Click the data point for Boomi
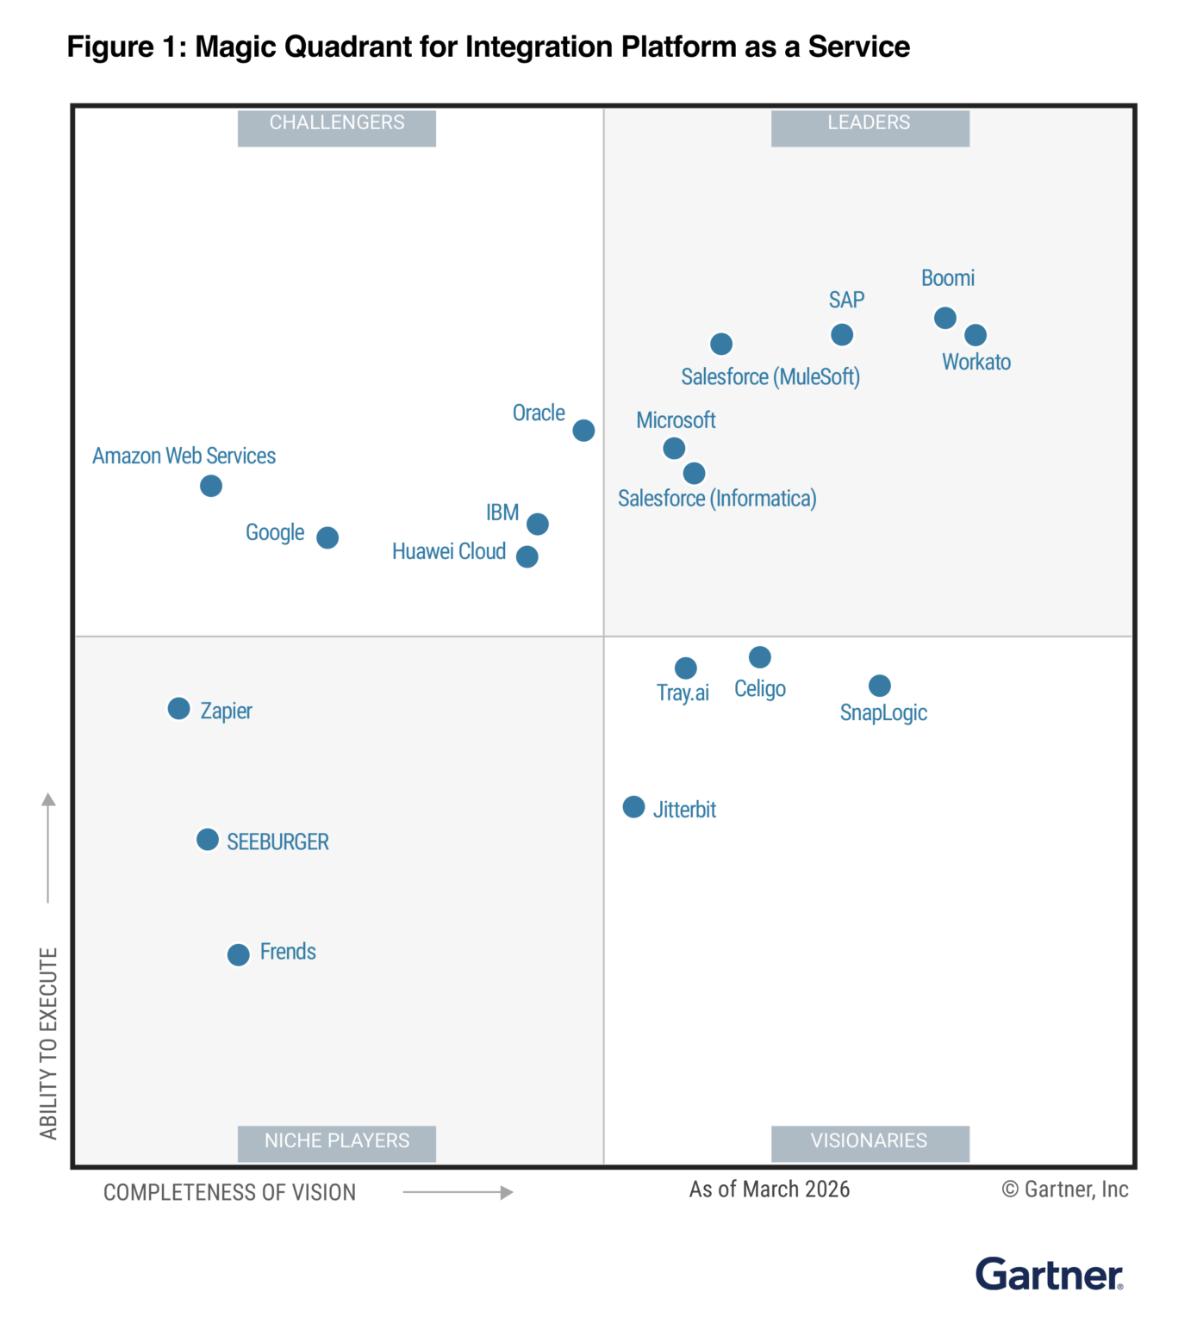(945, 318)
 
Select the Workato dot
(975, 335)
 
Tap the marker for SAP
(841, 334)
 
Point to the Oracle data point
(583, 430)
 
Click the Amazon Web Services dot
(211, 486)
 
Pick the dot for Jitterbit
(633, 807)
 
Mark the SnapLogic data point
(879, 686)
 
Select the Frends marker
(238, 954)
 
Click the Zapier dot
(178, 709)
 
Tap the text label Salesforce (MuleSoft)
(770, 377)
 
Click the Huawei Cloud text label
(448, 551)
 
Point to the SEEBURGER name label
(277, 842)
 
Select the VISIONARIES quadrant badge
(870, 1142)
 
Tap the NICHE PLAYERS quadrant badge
(336, 1142)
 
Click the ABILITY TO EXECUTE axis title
(48, 1042)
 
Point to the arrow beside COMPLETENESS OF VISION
(458, 1192)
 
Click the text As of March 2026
(769, 1189)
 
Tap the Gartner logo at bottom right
(1049, 1274)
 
